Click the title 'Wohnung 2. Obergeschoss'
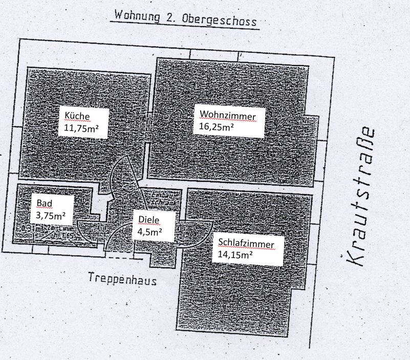click(185, 19)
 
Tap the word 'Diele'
click(149, 220)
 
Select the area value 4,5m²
click(149, 231)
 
